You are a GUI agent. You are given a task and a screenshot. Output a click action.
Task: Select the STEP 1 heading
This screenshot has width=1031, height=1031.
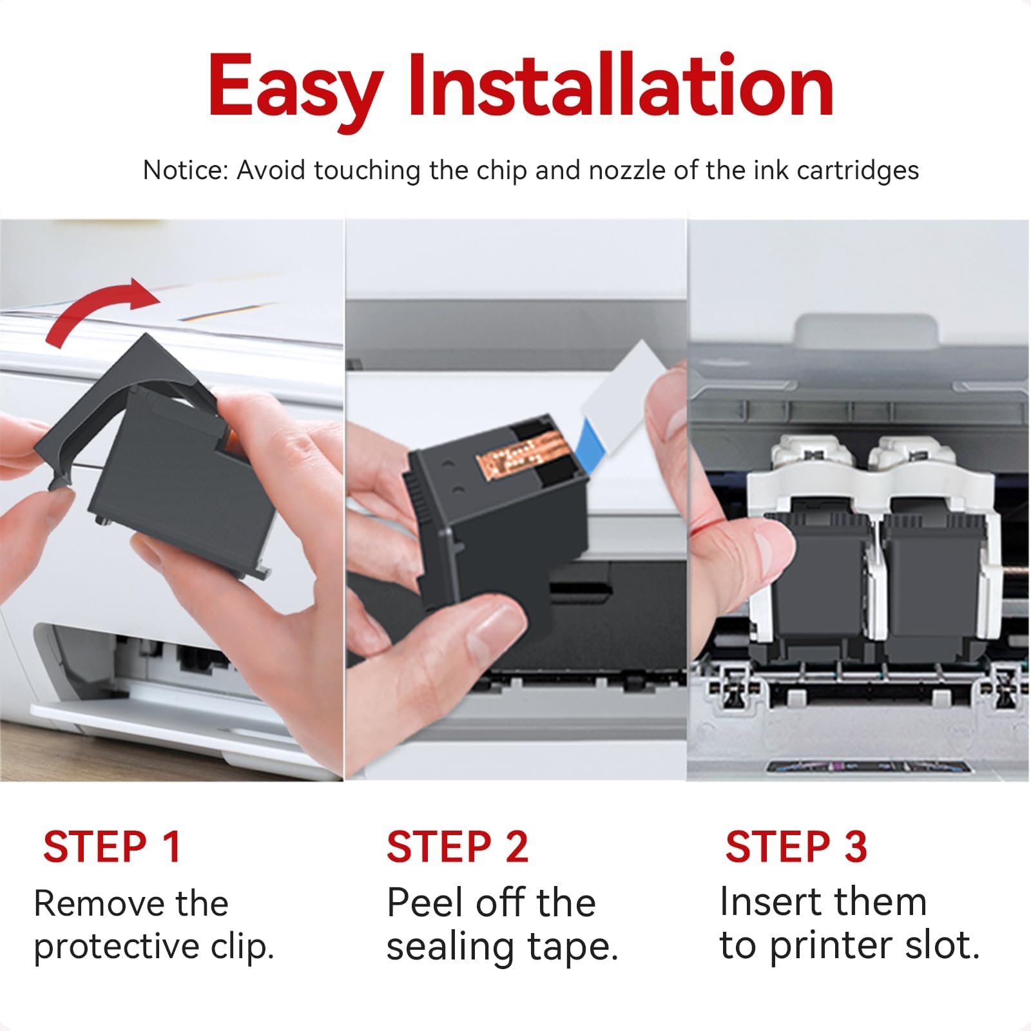(111, 847)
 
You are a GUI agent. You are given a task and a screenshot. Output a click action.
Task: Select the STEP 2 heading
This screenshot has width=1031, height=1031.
(457, 847)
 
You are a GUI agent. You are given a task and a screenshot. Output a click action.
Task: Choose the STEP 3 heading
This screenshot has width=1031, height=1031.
(796, 847)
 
